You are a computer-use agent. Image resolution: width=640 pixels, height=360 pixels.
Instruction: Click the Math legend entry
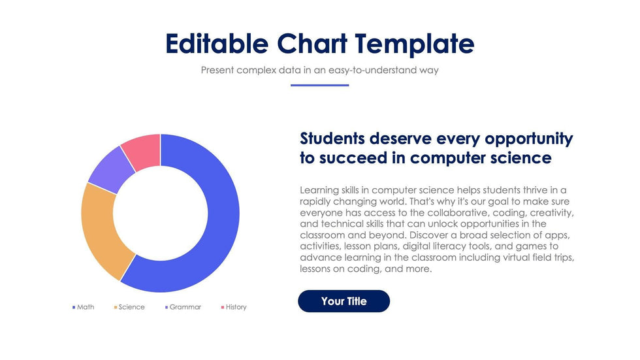(x=83, y=307)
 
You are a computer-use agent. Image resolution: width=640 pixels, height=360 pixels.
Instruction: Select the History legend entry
(x=234, y=307)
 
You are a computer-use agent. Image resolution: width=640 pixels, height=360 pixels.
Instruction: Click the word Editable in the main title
(x=217, y=44)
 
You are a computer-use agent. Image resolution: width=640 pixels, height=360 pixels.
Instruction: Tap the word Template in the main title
(x=415, y=44)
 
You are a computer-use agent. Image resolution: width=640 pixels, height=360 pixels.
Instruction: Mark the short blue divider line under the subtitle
(x=319, y=85)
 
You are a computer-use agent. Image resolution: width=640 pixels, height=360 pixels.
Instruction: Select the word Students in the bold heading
(x=332, y=139)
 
